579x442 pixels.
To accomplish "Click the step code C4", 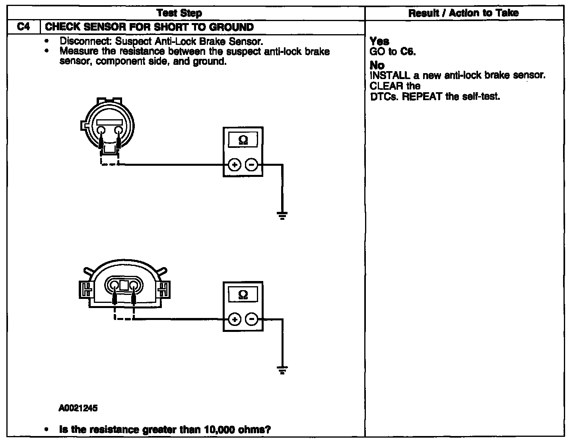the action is [x=23, y=27].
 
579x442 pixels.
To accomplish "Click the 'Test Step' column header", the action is [x=179, y=13].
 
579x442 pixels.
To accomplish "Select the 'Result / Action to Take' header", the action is [x=463, y=13].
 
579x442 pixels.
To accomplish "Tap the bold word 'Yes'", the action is [x=379, y=41].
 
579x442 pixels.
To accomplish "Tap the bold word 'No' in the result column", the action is [x=377, y=65].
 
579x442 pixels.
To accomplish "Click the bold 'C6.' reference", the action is [x=408, y=51].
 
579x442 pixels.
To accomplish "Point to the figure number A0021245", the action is [x=78, y=408].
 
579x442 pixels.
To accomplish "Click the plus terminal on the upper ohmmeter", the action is [x=235, y=165].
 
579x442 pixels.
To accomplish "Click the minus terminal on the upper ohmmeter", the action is [x=251, y=165].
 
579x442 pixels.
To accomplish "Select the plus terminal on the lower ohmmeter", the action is [x=235, y=320].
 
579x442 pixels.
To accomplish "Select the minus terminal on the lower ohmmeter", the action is [x=251, y=319].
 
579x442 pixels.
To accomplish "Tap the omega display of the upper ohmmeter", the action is [x=243, y=140].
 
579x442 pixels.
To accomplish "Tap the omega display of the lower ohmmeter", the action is [x=243, y=294].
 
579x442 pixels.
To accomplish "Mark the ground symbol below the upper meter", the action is [x=282, y=215].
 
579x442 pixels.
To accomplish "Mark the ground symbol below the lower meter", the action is [x=282, y=370].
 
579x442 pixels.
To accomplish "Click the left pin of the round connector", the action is [x=101, y=130].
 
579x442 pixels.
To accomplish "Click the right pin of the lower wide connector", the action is [x=134, y=285].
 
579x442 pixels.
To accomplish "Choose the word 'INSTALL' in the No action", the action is [x=390, y=76].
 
